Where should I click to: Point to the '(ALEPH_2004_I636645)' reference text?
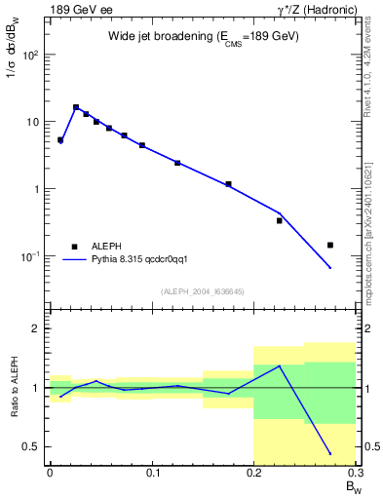(203, 291)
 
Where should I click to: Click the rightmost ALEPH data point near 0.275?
(330, 246)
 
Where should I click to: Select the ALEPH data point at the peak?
(76, 107)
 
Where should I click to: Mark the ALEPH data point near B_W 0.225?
(280, 220)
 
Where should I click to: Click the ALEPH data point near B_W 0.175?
(228, 184)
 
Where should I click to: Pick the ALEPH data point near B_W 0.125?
(177, 163)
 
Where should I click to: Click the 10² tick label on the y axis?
(31, 56)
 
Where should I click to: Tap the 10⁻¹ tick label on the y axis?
(31, 256)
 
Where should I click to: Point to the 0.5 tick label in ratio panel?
(32, 447)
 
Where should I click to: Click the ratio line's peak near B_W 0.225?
(280, 366)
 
